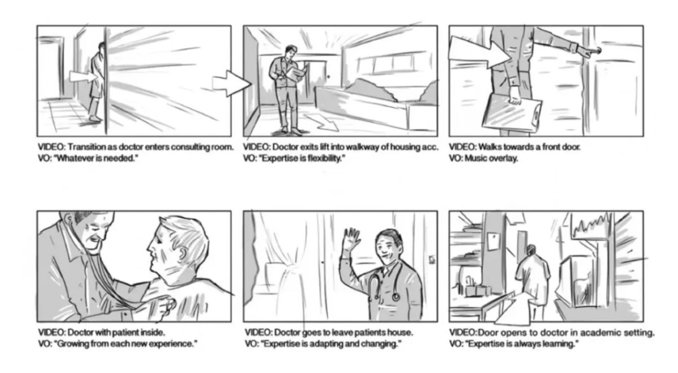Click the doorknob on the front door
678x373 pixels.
pyautogui.click(x=597, y=51)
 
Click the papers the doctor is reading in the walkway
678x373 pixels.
pyautogui.click(x=297, y=73)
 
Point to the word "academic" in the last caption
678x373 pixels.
pyautogui.click(x=594, y=332)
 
